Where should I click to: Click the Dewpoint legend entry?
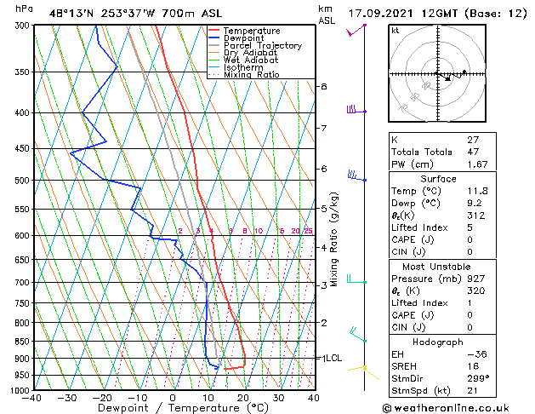tap(242, 38)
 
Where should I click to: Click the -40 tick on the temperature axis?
tap(32, 398)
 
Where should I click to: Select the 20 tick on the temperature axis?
tap(243, 398)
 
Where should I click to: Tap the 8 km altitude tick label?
tap(324, 87)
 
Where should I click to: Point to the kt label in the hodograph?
tap(396, 30)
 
